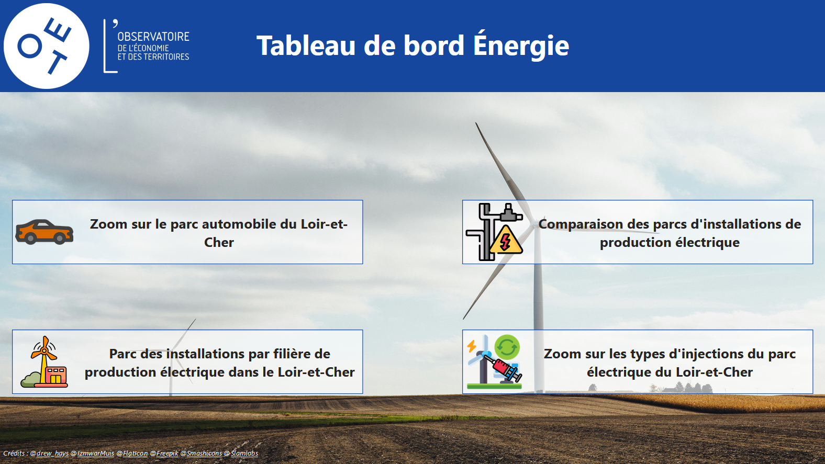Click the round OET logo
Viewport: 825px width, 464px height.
point(47,46)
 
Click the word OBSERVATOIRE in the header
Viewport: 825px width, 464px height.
point(153,37)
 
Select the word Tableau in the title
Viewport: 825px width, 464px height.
point(306,46)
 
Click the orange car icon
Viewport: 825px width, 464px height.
point(44,232)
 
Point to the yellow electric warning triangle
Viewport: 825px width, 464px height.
point(506,241)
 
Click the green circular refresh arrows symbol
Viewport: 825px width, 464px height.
point(507,347)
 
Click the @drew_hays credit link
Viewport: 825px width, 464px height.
point(49,454)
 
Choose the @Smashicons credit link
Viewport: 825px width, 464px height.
point(202,454)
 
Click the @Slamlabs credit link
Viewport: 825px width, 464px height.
point(241,454)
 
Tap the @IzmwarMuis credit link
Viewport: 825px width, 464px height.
point(93,454)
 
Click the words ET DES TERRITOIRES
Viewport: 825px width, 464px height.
point(153,56)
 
